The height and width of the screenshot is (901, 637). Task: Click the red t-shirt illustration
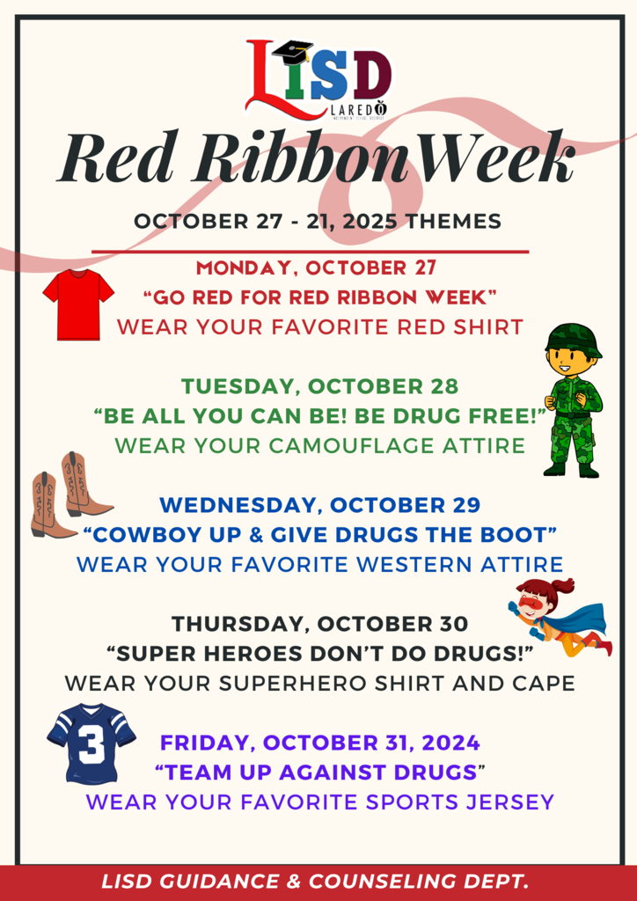[x=78, y=304]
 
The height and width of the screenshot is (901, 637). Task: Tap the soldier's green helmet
[x=573, y=339]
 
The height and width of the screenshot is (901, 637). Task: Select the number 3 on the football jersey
[x=90, y=744]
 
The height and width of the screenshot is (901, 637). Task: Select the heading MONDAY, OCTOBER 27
[x=317, y=267]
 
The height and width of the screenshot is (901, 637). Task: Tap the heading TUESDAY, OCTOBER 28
[x=319, y=386]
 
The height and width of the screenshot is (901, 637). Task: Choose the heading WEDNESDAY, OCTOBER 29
[x=320, y=506]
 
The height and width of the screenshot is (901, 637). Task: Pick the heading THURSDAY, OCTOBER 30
[x=319, y=624]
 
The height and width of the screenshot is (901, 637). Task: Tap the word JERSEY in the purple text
[x=514, y=802]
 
